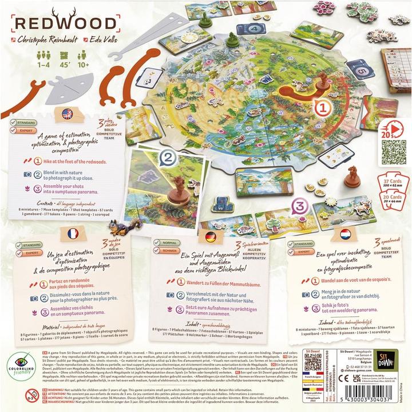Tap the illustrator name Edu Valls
(x=101, y=42)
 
